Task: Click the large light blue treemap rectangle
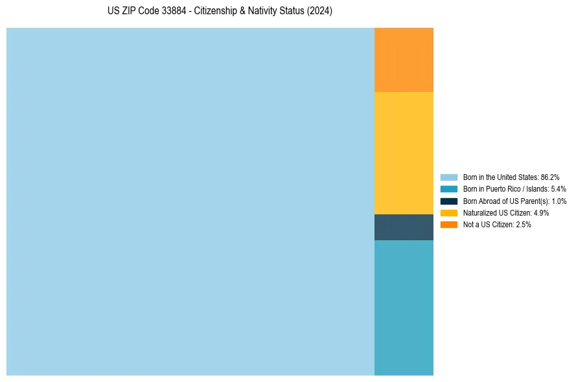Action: coord(190,201)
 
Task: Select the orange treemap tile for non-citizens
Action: coord(404,60)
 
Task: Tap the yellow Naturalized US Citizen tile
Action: coord(404,153)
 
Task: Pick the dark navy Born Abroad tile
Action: coord(404,227)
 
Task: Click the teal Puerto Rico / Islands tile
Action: coord(404,308)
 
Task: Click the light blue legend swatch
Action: coord(449,177)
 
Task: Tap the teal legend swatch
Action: coord(449,189)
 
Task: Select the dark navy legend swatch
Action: coord(449,201)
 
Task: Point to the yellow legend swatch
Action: coord(449,212)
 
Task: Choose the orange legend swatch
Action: coord(449,225)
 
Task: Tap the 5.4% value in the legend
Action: coord(558,189)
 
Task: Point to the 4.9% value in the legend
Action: coord(541,212)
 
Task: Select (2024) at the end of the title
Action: coord(319,12)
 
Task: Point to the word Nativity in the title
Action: coord(266,12)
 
